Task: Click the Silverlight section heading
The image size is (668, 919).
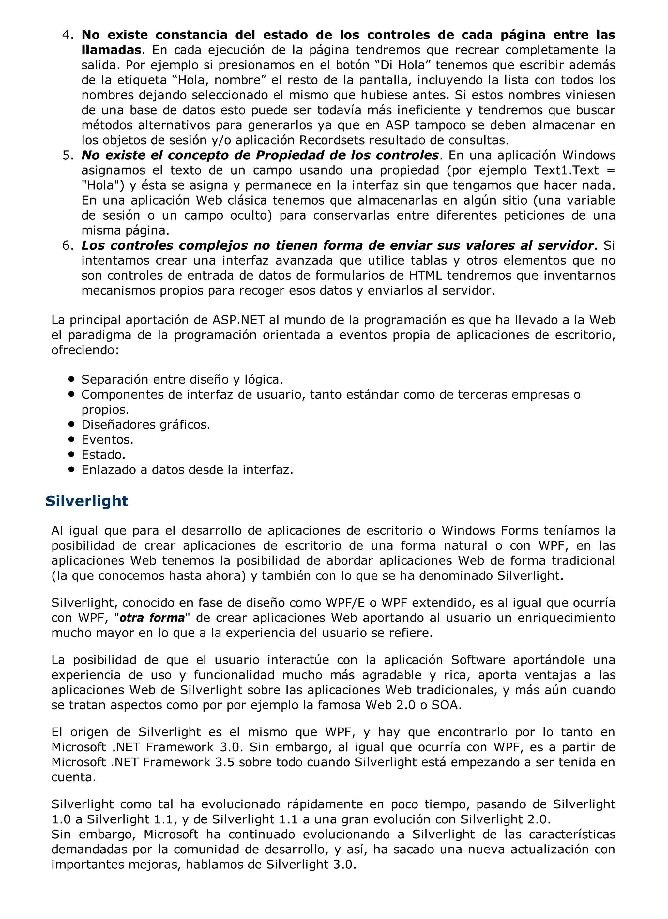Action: click(x=87, y=501)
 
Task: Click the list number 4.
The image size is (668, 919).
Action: click(x=67, y=35)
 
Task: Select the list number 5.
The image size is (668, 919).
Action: click(x=67, y=155)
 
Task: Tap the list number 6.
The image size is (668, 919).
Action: click(x=67, y=246)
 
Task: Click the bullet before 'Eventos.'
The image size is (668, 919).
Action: click(x=72, y=439)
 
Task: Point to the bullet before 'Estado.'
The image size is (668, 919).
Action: click(x=72, y=454)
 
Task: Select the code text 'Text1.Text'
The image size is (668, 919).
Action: click(x=566, y=170)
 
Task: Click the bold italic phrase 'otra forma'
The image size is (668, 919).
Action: click(x=152, y=618)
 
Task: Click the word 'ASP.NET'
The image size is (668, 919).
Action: click(x=239, y=320)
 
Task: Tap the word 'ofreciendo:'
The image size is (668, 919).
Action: click(x=85, y=350)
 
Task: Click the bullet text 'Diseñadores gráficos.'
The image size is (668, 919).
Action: click(x=146, y=425)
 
